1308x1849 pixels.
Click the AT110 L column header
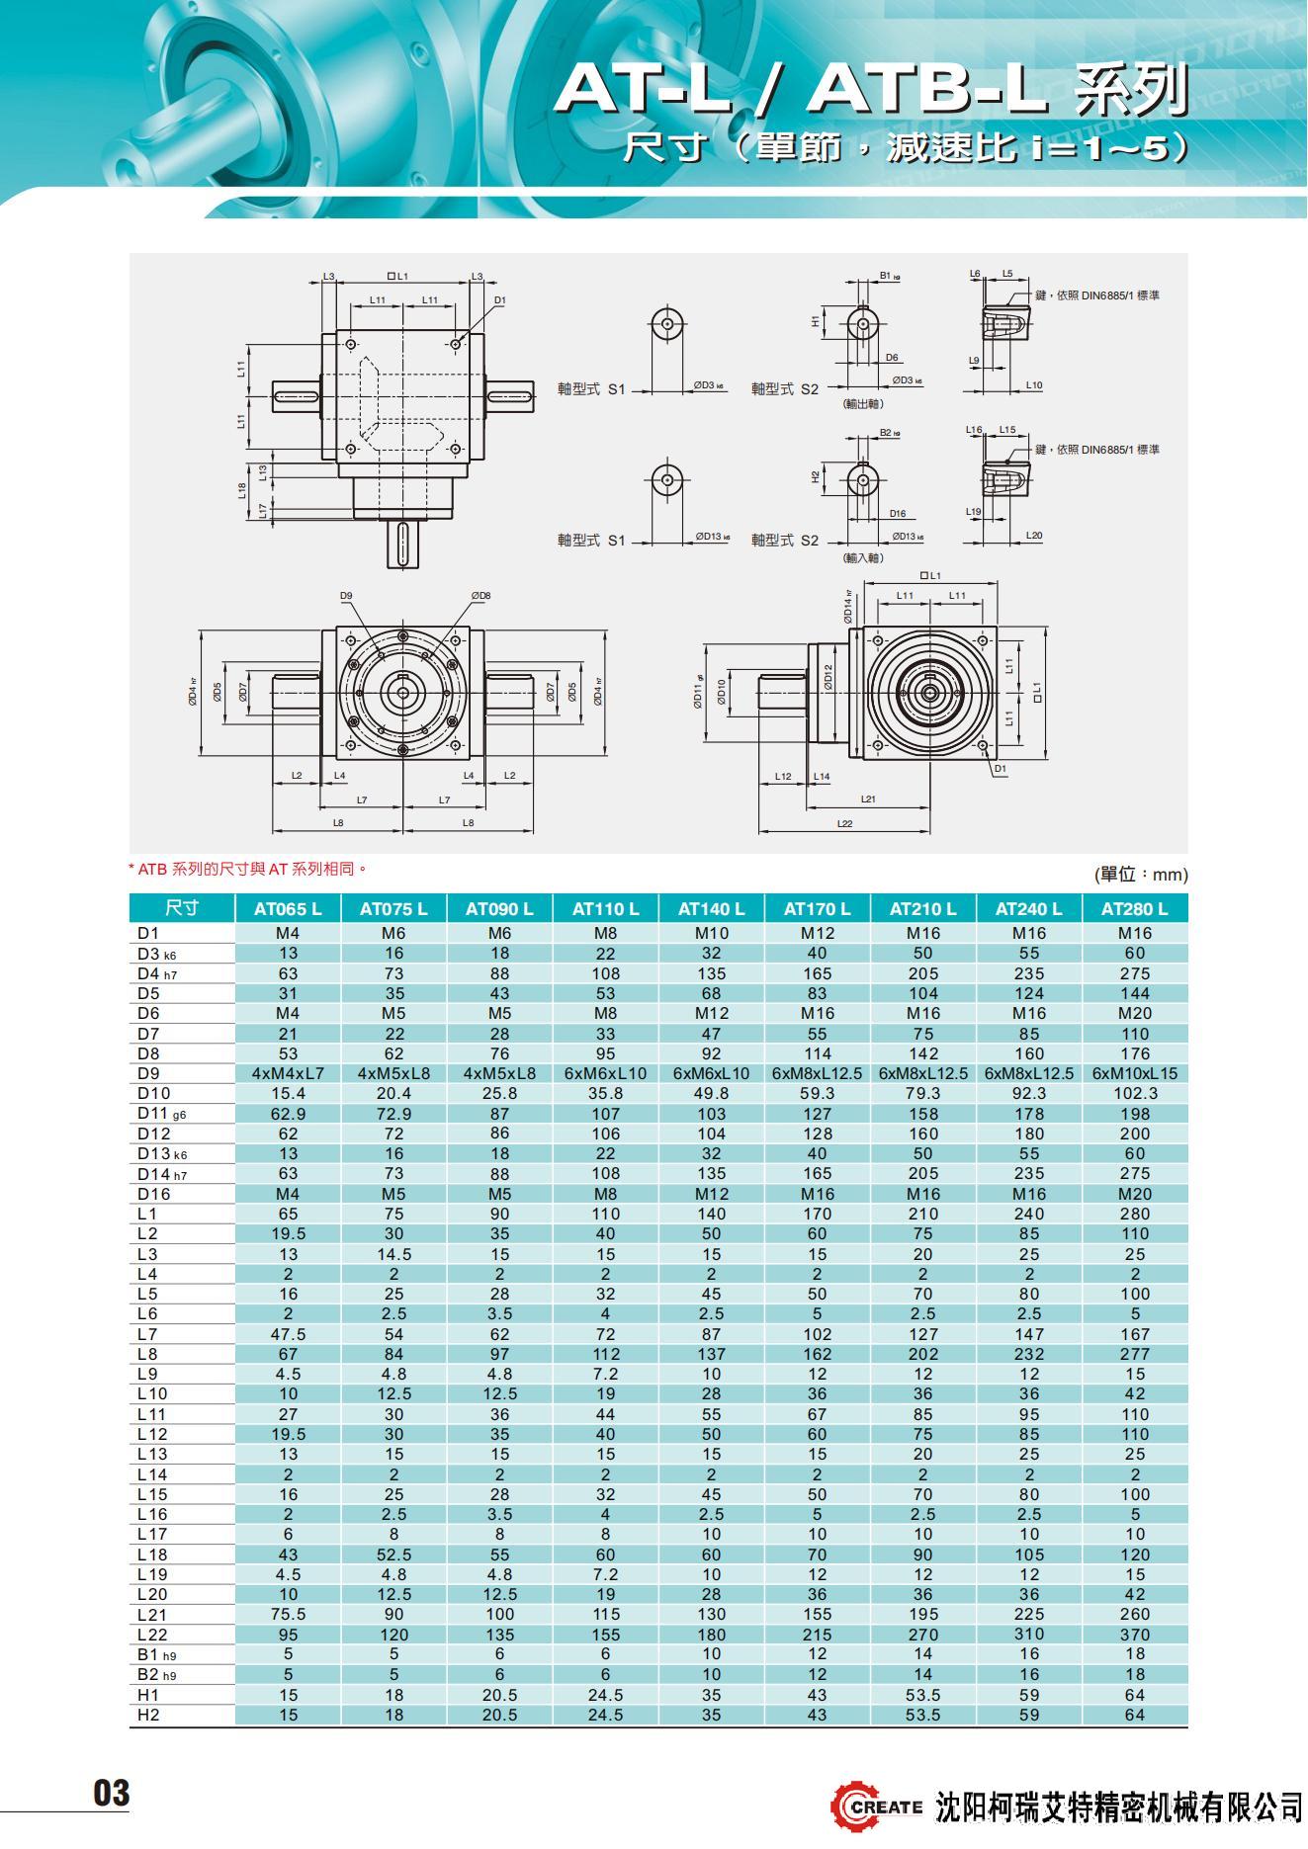pyautogui.click(x=605, y=908)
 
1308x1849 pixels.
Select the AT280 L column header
pyautogui.click(x=1134, y=908)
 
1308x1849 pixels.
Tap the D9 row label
pyautogui.click(x=148, y=1073)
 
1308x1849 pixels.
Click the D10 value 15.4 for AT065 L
pyautogui.click(x=288, y=1093)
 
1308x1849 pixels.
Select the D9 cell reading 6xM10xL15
pyautogui.click(x=1134, y=1073)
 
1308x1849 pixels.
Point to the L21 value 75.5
pyautogui.click(x=288, y=1614)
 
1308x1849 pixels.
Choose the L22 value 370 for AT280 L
pyautogui.click(x=1134, y=1635)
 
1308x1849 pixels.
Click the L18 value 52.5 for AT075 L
pyautogui.click(x=393, y=1555)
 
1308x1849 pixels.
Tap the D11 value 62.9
pyautogui.click(x=288, y=1114)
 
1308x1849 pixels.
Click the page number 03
pyautogui.click(x=111, y=1793)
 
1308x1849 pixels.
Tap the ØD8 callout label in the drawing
pyautogui.click(x=480, y=596)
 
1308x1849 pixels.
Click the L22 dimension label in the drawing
pyautogui.click(x=844, y=823)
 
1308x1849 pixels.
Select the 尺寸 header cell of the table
pyautogui.click(x=182, y=908)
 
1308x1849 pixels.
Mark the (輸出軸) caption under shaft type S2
pyautogui.click(x=863, y=404)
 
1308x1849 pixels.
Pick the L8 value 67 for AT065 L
pyautogui.click(x=288, y=1354)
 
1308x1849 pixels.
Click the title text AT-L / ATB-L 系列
pyautogui.click(x=870, y=91)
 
